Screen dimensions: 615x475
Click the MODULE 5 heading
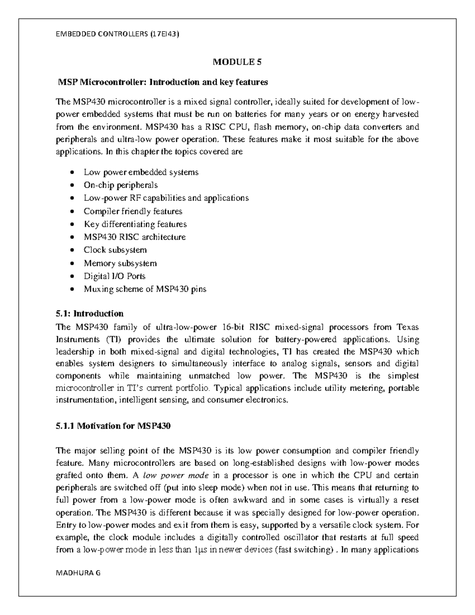coord(237,62)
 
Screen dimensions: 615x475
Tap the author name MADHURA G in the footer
coord(78,573)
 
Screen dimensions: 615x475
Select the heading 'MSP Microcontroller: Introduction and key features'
coord(163,82)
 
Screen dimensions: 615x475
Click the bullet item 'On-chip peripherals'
coord(120,185)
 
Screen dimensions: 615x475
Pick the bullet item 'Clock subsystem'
coord(115,250)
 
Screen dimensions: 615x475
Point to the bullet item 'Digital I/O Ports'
coord(114,276)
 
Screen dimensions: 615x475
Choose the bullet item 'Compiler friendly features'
coord(133,211)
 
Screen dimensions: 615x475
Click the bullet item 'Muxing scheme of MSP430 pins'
coord(145,289)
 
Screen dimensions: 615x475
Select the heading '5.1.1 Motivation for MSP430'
coord(113,426)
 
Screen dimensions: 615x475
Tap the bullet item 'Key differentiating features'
coord(135,224)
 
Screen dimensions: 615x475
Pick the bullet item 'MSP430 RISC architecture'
coord(135,237)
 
